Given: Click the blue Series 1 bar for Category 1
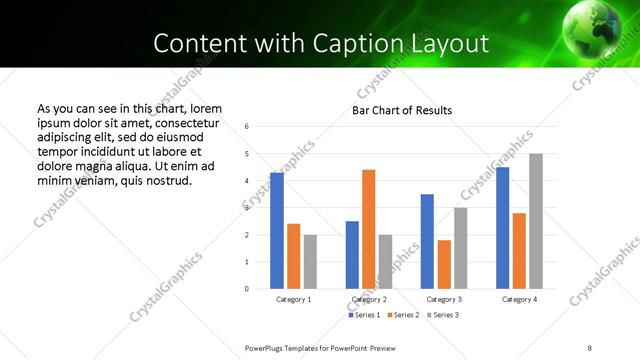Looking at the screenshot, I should coord(277,231).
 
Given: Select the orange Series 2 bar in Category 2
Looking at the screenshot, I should coord(368,229).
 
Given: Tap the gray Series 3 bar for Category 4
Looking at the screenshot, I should coord(536,221).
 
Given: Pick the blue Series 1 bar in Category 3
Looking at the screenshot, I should coord(427,241).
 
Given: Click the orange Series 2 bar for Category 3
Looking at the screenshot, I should coord(444,264).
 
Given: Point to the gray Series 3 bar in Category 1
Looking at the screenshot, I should coord(310,261).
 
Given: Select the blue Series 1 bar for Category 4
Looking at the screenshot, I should coord(502,228).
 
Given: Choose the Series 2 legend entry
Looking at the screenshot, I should coord(402,314).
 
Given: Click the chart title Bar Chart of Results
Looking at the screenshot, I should coord(402,110).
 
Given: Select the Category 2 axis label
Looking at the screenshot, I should coord(369,299).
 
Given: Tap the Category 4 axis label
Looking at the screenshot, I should coord(519,299).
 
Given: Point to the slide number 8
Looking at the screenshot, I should coord(590,347).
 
